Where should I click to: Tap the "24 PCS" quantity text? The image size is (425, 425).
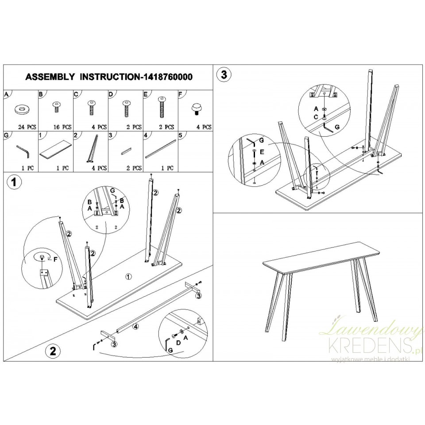(27, 127)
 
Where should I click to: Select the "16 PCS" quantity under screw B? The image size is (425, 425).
(62, 127)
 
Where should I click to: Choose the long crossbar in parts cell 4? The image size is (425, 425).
(160, 149)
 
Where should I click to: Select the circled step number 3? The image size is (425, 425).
(224, 75)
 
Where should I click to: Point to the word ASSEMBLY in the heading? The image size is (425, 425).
(50, 77)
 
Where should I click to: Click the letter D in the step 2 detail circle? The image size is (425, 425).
(178, 343)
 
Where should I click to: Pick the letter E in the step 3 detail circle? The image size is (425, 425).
(262, 152)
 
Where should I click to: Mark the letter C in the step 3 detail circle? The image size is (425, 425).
(316, 117)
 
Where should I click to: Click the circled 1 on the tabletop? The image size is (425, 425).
(128, 276)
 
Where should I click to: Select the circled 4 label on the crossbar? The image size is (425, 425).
(135, 327)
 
